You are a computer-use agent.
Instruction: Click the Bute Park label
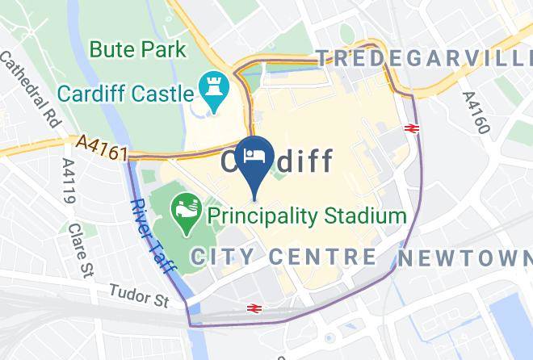(x=137, y=49)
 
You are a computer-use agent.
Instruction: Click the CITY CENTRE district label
(x=283, y=257)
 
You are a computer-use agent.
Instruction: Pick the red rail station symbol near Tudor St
(x=254, y=308)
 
